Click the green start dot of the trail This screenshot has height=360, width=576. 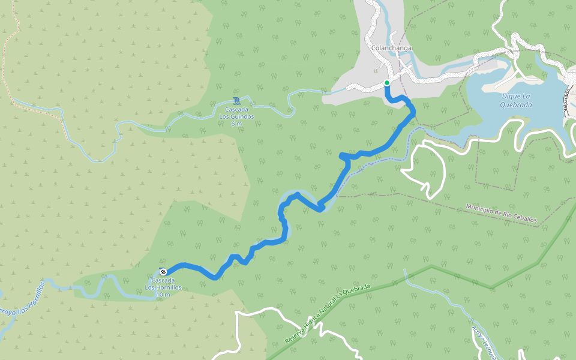(387, 83)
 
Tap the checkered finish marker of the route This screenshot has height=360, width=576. (163, 272)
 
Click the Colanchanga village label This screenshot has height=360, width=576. (391, 48)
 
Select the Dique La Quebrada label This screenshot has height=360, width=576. (515, 100)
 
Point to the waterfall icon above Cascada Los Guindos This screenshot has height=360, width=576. (236, 100)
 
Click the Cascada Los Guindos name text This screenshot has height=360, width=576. (236, 113)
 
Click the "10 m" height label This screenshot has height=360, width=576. (163, 295)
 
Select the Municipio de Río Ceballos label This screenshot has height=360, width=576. (502, 214)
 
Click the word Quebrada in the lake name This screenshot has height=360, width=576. (515, 104)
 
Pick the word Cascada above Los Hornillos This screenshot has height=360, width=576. (163, 280)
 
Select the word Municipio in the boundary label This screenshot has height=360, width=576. (480, 209)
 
